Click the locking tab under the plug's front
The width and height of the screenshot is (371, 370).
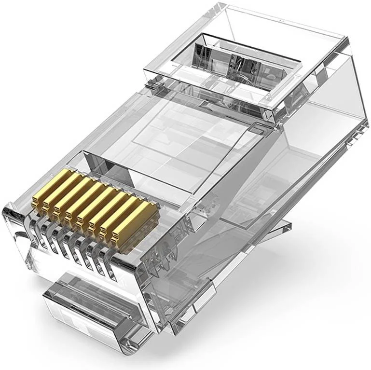click(92, 304)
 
